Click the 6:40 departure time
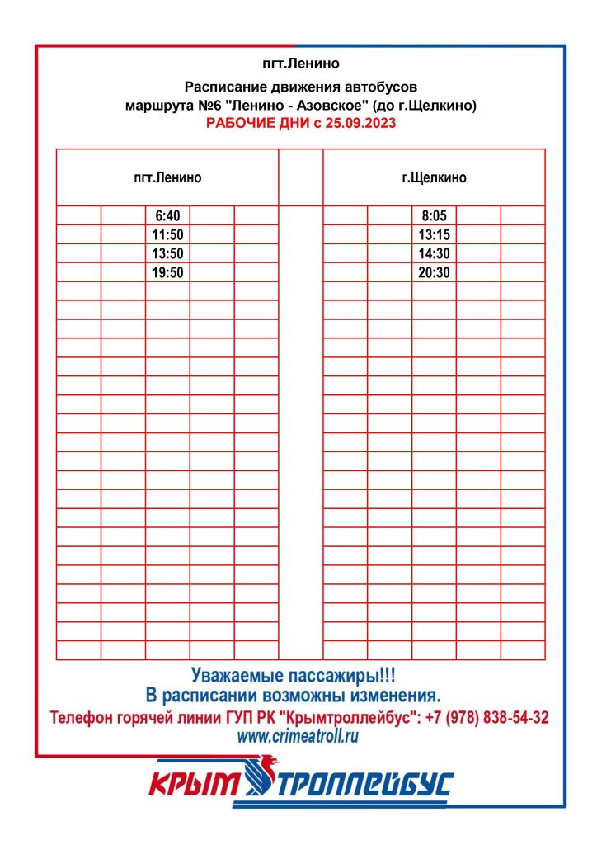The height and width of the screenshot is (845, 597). (167, 215)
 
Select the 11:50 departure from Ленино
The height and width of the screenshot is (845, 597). (167, 234)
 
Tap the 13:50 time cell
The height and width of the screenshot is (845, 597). (167, 253)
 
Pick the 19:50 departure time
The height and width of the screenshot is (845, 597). (167, 272)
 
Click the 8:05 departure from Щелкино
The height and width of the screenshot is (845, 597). (434, 215)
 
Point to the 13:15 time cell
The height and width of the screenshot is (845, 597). (434, 234)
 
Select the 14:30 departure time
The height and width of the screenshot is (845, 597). (434, 253)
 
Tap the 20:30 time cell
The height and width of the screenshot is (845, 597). (434, 272)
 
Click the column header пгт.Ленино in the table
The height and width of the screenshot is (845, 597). (167, 177)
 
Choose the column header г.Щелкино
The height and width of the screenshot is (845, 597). (434, 177)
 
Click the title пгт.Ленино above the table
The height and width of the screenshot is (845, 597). (299, 63)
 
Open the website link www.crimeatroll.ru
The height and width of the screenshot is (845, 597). (298, 737)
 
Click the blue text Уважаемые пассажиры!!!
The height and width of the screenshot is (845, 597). (298, 674)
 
